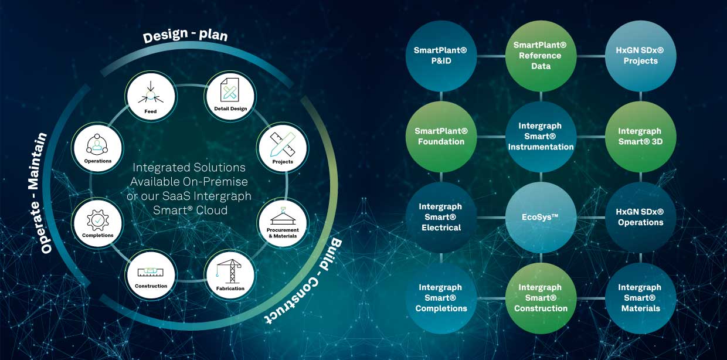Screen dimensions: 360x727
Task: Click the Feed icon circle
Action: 151,95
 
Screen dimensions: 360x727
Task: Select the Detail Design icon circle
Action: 229,95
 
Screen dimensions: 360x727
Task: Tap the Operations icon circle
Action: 97,147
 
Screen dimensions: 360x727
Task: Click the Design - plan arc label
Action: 186,36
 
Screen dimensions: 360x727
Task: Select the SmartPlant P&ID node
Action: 441,56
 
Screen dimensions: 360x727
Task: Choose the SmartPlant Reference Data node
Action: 541,56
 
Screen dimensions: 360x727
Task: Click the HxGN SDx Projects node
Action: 640,56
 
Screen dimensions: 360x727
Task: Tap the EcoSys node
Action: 541,217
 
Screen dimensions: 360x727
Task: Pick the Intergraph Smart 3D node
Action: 640,136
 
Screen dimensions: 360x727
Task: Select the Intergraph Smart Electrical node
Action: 441,217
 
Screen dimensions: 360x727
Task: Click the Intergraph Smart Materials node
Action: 640,298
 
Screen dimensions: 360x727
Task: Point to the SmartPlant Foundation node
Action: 441,136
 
